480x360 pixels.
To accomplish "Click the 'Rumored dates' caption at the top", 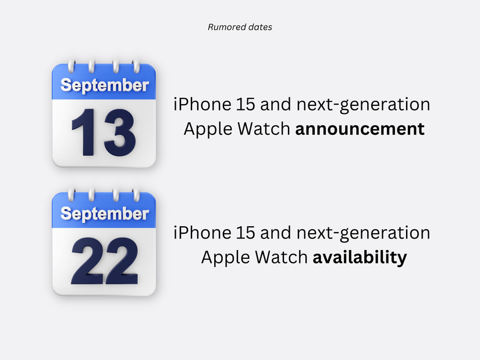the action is (240, 27).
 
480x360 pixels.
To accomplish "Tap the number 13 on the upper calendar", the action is (104, 133).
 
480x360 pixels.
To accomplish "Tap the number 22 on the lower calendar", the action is (105, 261).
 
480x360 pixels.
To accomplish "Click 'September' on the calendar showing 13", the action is (105, 85).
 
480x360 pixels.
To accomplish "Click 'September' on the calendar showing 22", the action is (105, 213).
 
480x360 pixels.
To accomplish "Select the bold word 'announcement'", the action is (360, 129).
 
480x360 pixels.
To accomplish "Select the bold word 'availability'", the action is (360, 257).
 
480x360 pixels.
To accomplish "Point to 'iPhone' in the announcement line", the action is (202, 104).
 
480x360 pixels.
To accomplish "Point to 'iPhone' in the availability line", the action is (202, 233).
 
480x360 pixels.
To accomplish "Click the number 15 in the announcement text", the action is (246, 104).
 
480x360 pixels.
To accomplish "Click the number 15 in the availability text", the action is (246, 233).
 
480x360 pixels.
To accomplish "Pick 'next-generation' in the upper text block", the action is (364, 105).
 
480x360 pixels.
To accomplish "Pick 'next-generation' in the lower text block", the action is (364, 233).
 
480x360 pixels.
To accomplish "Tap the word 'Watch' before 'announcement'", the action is (264, 129).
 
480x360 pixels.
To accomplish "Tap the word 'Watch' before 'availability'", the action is (282, 257).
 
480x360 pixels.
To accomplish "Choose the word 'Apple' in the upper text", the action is (208, 129).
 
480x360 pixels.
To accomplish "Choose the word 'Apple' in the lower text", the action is (226, 258).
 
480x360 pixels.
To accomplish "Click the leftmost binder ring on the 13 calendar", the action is (71, 66).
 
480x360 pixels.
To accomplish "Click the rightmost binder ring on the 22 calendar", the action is (136, 195).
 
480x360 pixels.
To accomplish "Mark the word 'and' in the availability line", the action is (276, 233).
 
